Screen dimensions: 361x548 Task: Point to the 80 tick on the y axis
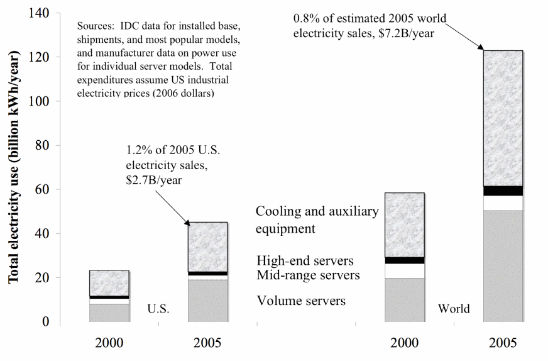42,145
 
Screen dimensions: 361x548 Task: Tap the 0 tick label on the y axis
45,321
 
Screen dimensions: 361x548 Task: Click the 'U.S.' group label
158,309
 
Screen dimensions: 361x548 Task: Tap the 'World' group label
454,309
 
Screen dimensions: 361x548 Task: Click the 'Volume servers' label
301,301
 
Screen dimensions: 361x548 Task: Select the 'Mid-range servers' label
308,275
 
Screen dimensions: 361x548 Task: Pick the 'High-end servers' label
305,260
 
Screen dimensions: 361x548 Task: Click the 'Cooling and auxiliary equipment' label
317,219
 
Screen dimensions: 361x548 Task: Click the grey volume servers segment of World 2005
502,267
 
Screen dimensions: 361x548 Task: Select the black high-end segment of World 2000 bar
405,260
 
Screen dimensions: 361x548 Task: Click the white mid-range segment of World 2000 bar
405,270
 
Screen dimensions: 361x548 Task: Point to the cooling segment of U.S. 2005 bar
207,247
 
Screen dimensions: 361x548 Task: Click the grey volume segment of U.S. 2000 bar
109,313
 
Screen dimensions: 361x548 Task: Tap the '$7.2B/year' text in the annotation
403,33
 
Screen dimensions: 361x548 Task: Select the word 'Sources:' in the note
96,27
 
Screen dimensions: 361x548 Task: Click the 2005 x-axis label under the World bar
503,343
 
